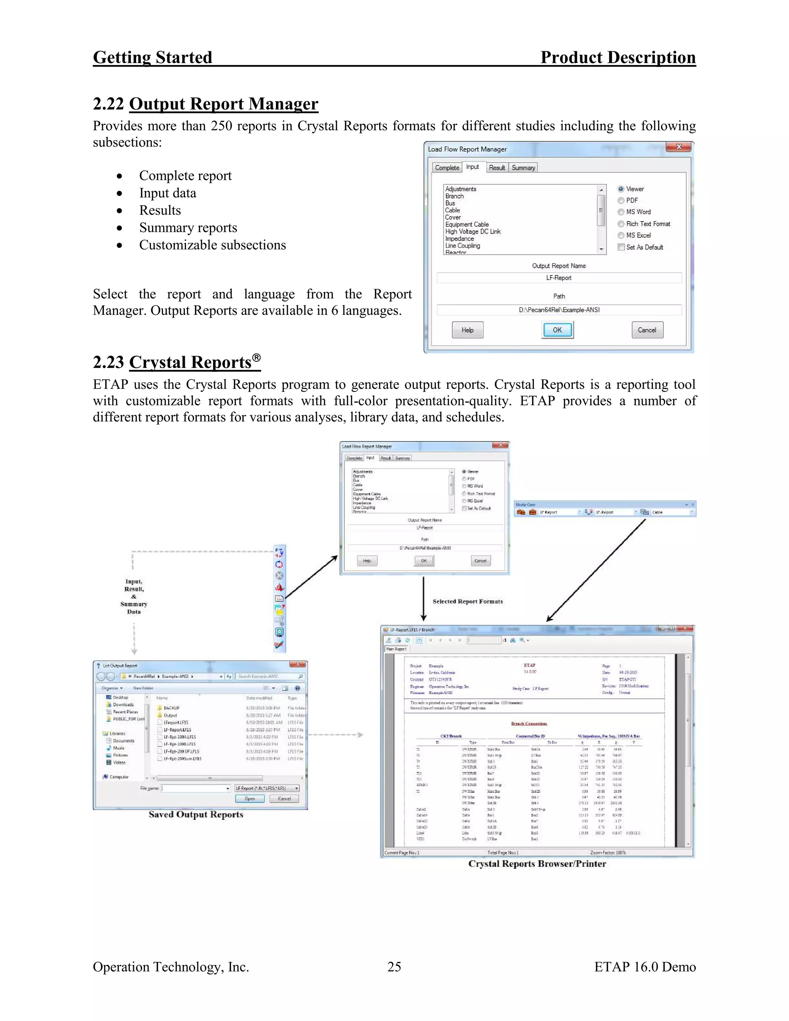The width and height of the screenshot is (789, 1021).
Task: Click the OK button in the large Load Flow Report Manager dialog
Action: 557,330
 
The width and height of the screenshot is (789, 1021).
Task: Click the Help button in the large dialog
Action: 467,330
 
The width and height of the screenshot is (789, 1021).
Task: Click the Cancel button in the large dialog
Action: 647,330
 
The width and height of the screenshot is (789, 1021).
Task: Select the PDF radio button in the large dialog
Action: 621,201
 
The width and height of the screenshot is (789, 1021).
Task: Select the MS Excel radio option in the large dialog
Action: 621,236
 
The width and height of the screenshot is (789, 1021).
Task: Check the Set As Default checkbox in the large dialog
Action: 621,247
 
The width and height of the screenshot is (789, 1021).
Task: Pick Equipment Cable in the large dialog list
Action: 467,224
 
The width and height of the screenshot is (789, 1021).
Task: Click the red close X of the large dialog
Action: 679,147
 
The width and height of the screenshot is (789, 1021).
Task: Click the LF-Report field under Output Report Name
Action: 559,278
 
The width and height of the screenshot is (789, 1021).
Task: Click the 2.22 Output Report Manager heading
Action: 206,104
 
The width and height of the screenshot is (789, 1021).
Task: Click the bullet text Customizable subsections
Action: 212,245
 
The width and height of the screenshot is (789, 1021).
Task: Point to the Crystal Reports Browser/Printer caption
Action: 537,864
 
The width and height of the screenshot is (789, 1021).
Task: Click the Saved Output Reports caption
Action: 196,814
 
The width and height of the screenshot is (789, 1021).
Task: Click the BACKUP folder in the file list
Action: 171,708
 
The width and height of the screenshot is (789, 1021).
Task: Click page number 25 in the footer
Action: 394,967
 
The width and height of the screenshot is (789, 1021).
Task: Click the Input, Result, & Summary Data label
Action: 134,596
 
